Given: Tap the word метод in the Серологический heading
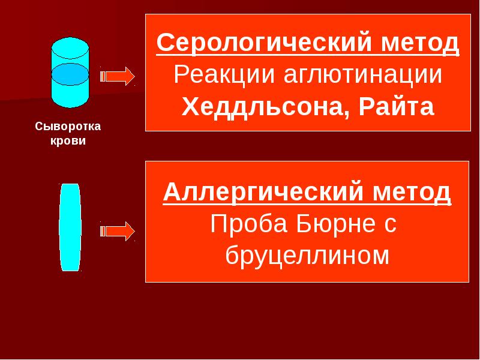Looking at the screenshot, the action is (420, 44).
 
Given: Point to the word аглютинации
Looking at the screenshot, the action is (363, 75).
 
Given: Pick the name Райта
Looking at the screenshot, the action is (397, 106).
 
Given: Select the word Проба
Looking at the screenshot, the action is (249, 223).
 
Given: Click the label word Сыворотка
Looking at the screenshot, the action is (68, 127).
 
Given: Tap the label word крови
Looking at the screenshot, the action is (68, 140).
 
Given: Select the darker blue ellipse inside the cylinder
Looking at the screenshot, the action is (70, 74).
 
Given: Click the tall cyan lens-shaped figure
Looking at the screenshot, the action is (70, 227).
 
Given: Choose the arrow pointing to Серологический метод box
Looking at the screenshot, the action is (118, 76).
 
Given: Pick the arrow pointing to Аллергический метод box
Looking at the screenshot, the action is (118, 231).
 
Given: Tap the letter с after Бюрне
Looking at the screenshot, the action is (391, 226).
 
